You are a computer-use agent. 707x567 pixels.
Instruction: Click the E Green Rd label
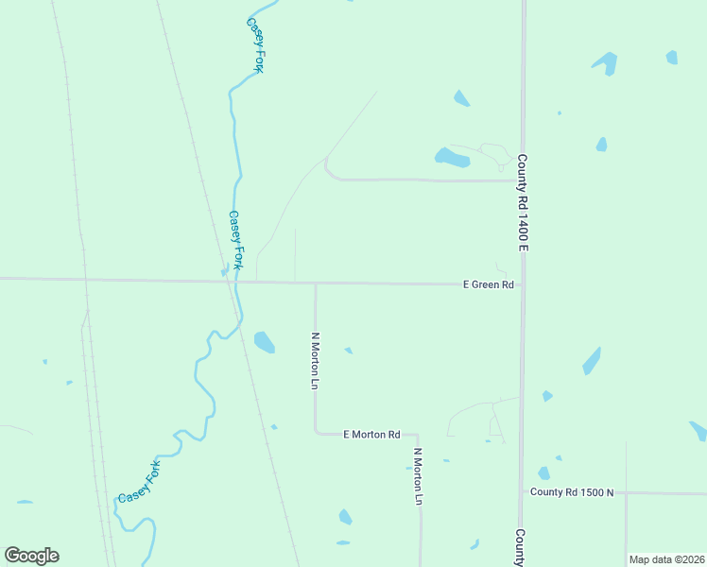pyautogui.click(x=488, y=283)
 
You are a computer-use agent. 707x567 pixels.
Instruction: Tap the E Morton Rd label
pyautogui.click(x=371, y=434)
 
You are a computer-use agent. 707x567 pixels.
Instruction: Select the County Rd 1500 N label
pyautogui.click(x=572, y=492)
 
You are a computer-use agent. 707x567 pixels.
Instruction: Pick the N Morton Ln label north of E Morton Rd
pyautogui.click(x=316, y=359)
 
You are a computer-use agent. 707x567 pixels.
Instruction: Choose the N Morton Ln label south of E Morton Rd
pyautogui.click(x=417, y=475)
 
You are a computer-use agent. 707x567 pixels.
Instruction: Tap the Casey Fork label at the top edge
pyautogui.click(x=255, y=43)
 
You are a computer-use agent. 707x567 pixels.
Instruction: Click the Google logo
pyautogui.click(x=31, y=556)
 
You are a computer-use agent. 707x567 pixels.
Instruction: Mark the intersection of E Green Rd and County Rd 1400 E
pyautogui.click(x=522, y=283)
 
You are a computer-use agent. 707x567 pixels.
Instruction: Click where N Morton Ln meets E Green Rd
pyautogui.click(x=315, y=283)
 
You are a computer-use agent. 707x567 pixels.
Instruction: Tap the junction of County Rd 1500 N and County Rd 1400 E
pyautogui.click(x=522, y=491)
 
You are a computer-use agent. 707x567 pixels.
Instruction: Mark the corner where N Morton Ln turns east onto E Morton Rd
pyautogui.click(x=316, y=433)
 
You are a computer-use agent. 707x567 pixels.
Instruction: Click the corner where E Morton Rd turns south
pyautogui.click(x=420, y=435)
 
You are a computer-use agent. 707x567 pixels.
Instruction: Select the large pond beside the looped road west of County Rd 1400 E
pyautogui.click(x=451, y=157)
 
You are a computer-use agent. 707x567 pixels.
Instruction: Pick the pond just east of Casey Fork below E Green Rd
pyautogui.click(x=265, y=341)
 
